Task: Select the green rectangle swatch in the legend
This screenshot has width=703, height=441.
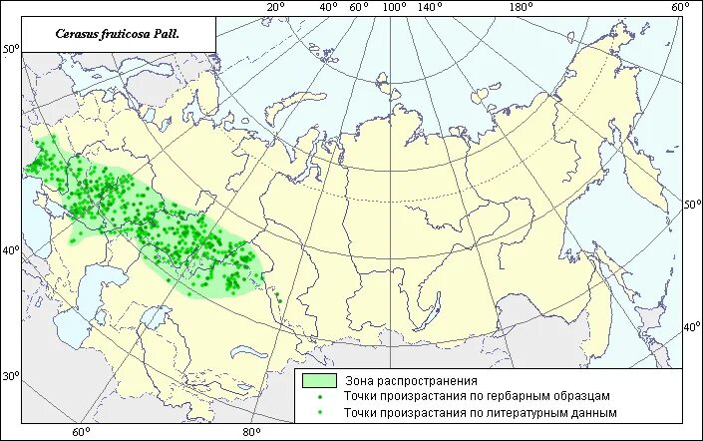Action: tap(318, 380)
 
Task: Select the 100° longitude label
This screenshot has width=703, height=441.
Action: tap(393, 8)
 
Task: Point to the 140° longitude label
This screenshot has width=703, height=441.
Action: tap(430, 8)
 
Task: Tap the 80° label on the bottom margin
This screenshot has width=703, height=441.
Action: tap(250, 432)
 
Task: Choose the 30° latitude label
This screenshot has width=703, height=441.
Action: tap(10, 376)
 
